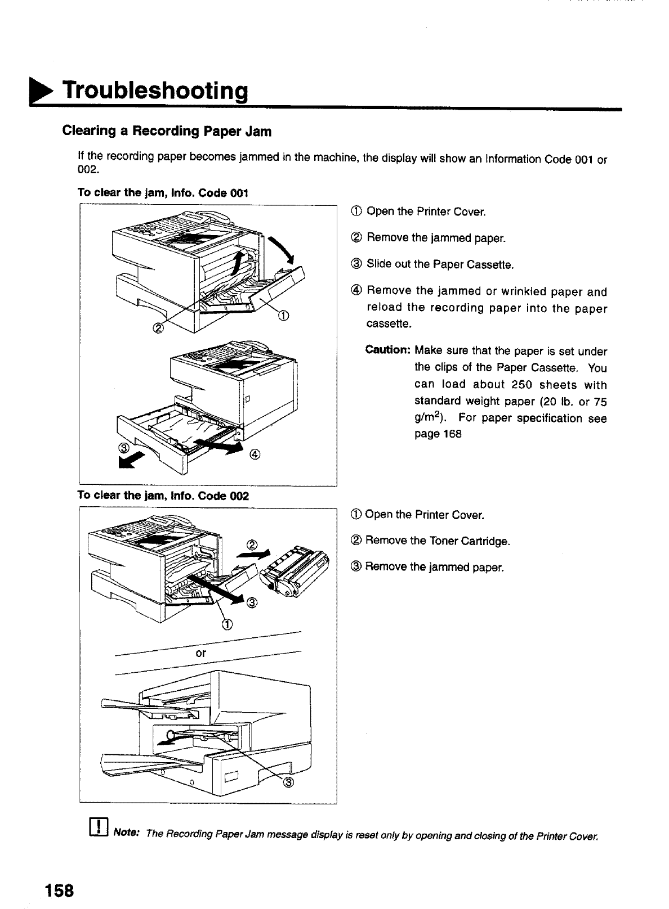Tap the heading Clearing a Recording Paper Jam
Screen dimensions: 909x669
coord(167,132)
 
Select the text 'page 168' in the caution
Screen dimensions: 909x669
coord(438,434)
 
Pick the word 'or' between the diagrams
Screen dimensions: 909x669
coord(200,654)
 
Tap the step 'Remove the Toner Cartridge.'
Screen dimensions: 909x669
coord(437,541)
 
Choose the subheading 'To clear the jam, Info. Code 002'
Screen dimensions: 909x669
coord(163,496)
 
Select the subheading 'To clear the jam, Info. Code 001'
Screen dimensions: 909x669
coord(163,192)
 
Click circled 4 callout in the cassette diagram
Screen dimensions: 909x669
coord(254,454)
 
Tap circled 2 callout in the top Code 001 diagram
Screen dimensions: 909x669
coord(158,328)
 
